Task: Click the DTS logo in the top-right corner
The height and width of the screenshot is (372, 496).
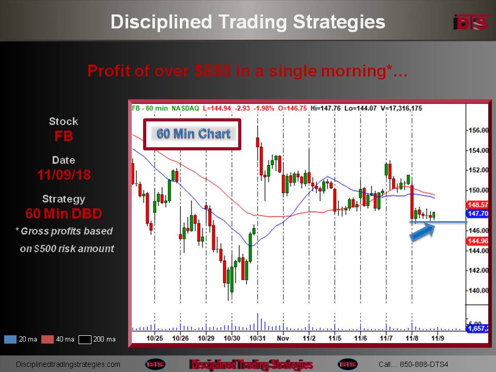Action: pyautogui.click(x=471, y=23)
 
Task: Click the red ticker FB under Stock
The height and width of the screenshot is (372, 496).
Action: pyautogui.click(x=64, y=136)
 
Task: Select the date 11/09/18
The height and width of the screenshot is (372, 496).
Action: pyautogui.click(x=64, y=175)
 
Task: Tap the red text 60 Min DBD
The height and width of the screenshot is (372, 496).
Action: pyautogui.click(x=64, y=213)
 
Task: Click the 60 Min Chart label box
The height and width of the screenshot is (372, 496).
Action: pyautogui.click(x=192, y=134)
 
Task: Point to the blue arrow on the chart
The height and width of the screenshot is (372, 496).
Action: pyautogui.click(x=423, y=232)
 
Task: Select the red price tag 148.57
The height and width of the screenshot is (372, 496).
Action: pyautogui.click(x=477, y=205)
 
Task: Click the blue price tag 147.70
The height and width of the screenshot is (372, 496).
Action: pyautogui.click(x=477, y=213)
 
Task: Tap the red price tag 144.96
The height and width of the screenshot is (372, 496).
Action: pyautogui.click(x=477, y=241)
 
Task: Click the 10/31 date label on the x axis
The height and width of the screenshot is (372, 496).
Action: pyautogui.click(x=257, y=338)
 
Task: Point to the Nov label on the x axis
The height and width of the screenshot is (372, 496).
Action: pyautogui.click(x=283, y=338)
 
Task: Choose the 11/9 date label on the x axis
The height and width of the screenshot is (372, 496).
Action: pyautogui.click(x=438, y=338)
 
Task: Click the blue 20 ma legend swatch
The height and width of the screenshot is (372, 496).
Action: pyautogui.click(x=10, y=339)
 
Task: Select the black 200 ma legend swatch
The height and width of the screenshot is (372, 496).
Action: pyautogui.click(x=85, y=339)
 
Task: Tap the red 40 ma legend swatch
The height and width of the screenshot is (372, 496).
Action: pyautogui.click(x=48, y=339)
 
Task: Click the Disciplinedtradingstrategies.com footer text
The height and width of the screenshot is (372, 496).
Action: pyautogui.click(x=68, y=364)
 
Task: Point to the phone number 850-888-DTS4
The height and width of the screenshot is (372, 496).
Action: pyautogui.click(x=424, y=364)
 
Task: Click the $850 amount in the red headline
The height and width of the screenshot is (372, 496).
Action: pyautogui.click(x=212, y=71)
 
